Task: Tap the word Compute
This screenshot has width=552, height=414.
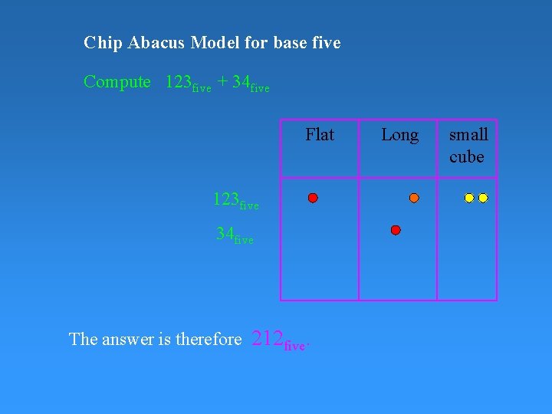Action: (x=117, y=82)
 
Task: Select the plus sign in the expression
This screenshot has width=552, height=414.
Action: (x=222, y=82)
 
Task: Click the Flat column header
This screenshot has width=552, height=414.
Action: (x=320, y=135)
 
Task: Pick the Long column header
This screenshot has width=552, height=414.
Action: (x=399, y=135)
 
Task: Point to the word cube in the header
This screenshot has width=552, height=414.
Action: (x=467, y=157)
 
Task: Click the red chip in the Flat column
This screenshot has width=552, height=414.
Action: (x=313, y=198)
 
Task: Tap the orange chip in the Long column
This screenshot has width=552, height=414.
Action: (x=414, y=198)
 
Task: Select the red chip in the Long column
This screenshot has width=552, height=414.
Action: (x=396, y=230)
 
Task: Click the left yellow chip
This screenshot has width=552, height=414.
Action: (x=469, y=198)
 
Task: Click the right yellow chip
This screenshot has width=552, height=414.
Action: (x=483, y=198)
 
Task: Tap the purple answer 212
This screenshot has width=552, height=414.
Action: (x=268, y=338)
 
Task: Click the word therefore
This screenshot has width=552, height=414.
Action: (x=209, y=339)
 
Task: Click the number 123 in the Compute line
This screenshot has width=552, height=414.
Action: (x=179, y=82)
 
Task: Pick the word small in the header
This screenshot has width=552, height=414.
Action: (x=468, y=135)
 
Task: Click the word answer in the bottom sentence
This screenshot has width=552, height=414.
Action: (x=126, y=339)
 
